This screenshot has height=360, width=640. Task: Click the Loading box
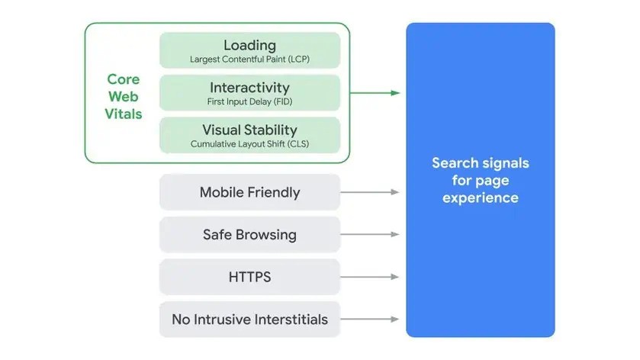(249, 50)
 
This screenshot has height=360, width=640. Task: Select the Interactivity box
(249, 92)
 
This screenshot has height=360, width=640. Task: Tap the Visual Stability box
(249, 134)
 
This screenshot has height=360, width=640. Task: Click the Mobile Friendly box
(249, 192)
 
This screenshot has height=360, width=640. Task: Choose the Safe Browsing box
(249, 234)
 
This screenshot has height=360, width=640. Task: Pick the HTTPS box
(249, 277)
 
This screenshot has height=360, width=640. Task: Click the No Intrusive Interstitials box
(249, 319)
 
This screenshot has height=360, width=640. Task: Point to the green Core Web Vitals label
(124, 97)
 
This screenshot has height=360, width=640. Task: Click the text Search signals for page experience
(480, 180)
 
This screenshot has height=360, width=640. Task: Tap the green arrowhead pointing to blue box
(394, 93)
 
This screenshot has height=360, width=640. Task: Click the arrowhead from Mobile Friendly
(394, 192)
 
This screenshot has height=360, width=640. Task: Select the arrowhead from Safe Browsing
(394, 234)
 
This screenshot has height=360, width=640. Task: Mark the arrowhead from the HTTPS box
(394, 277)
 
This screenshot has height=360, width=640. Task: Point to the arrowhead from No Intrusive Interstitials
(394, 319)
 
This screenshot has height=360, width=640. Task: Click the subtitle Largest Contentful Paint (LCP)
(249, 59)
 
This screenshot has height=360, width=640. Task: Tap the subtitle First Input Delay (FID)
(249, 101)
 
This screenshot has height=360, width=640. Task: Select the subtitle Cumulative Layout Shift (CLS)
(249, 143)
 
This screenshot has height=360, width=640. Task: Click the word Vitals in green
(124, 114)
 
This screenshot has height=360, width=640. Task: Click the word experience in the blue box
(480, 198)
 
